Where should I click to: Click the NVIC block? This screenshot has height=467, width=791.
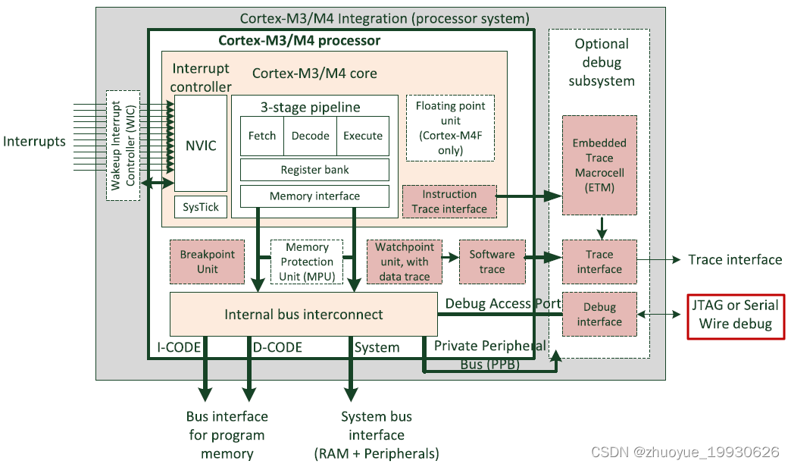[201, 144]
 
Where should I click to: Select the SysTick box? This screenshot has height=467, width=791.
[201, 207]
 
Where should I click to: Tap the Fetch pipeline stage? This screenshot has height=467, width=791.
[262, 136]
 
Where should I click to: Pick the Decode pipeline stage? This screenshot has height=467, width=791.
[311, 136]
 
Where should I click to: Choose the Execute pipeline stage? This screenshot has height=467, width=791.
[363, 136]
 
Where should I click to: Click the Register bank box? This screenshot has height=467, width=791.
[314, 170]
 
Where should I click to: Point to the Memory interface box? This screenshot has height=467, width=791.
[314, 196]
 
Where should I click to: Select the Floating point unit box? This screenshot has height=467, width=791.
[450, 127]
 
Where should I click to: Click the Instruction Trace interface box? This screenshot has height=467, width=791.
[449, 202]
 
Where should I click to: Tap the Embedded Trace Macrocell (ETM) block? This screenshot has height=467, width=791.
[599, 165]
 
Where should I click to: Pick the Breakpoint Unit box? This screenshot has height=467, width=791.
[208, 262]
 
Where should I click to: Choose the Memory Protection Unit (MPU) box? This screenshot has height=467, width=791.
[307, 262]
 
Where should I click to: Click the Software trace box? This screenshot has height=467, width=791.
[492, 262]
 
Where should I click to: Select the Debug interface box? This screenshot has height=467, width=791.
[599, 314]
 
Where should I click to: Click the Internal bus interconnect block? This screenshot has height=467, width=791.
[304, 314]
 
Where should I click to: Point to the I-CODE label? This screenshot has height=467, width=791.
[179, 347]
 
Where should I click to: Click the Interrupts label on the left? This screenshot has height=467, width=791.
[34, 141]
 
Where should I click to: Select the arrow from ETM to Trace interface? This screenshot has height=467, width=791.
[600, 227]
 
